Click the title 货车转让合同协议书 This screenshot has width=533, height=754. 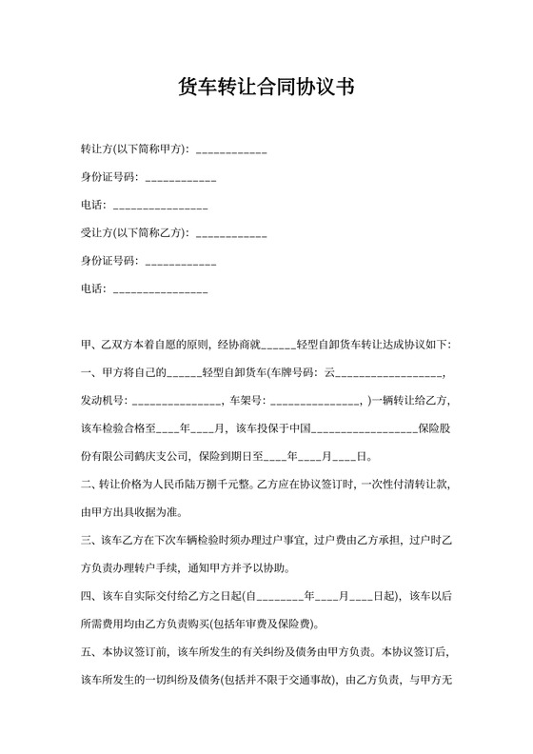click(x=266, y=87)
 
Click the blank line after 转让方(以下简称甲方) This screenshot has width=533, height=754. click(x=231, y=150)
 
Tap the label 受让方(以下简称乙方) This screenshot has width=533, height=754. click(x=134, y=232)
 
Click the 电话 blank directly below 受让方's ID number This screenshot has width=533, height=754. click(x=160, y=288)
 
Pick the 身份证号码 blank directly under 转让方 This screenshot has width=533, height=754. click(x=181, y=178)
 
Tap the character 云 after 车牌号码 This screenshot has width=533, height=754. click(x=331, y=372)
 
